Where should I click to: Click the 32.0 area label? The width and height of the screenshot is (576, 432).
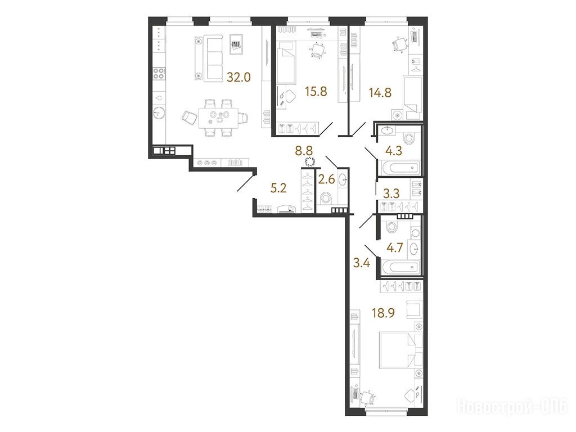point(238,77)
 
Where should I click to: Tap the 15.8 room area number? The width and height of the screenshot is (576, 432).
point(316,91)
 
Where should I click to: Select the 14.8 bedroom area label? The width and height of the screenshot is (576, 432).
point(380,92)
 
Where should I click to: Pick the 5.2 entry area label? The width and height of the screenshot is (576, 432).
point(278,188)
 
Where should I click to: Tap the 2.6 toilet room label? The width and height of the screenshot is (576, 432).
point(327,179)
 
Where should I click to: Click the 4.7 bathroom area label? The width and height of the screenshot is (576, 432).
point(395,248)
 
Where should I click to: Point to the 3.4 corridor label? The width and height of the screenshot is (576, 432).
point(361,263)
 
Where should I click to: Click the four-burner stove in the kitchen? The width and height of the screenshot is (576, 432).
point(159,73)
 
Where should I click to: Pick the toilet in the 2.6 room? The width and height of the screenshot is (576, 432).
point(325,199)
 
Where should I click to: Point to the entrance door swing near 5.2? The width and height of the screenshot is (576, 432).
point(245,184)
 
